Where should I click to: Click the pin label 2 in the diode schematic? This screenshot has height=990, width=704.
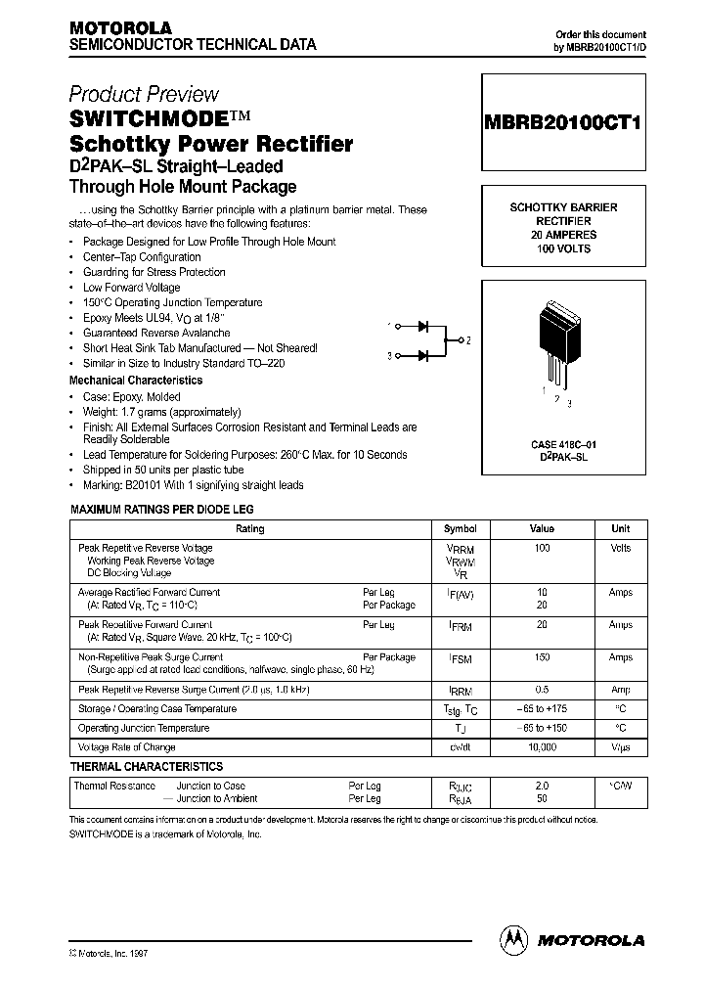pos(468,340)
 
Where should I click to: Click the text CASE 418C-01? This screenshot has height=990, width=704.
pos(562,444)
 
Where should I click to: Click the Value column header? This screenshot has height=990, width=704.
pos(542,528)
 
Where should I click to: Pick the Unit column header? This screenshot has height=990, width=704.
pos(621,528)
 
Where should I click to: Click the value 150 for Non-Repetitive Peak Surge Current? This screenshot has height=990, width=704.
pos(542,658)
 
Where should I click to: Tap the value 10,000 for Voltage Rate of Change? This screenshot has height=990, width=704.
pos(542,746)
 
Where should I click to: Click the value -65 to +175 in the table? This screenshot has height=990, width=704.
pos(542,709)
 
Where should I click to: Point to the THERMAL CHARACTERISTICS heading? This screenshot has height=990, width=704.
pos(146,767)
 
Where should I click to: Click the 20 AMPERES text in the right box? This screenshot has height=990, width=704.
pos(563,236)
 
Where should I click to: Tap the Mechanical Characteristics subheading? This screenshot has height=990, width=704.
pos(136,380)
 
